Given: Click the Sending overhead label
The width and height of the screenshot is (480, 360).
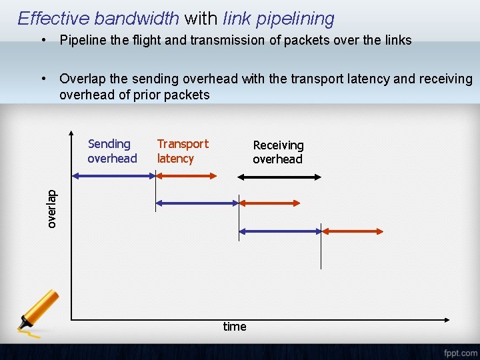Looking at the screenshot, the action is [111, 151].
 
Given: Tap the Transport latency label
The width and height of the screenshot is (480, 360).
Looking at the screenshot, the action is [182, 151].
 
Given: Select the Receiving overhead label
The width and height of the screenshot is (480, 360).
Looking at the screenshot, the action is [278, 152].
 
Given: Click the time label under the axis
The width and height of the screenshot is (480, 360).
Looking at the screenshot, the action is [235, 326].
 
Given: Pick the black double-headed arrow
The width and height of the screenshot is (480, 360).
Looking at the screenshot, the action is [279, 177].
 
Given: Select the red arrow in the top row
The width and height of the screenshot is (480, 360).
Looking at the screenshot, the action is [186, 176].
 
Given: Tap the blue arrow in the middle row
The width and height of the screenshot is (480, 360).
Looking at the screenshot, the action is [197, 202].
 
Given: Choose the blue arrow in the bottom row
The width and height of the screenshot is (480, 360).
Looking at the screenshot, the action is [280, 231].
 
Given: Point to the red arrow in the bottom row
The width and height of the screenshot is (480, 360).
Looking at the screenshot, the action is [353, 231].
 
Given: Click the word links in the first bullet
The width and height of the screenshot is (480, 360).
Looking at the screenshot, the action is [397, 40].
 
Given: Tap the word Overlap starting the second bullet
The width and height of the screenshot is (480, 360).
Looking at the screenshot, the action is [81, 79].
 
